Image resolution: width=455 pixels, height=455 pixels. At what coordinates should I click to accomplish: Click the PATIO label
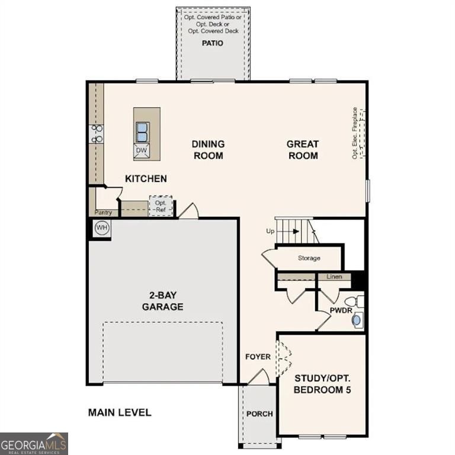click(213, 43)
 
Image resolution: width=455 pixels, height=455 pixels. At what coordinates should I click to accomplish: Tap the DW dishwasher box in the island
click(141, 151)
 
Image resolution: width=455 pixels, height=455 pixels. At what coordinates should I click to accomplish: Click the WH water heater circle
click(101, 228)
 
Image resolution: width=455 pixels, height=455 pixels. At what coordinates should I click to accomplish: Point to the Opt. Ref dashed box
click(160, 206)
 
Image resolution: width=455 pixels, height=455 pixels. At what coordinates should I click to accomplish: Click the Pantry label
click(103, 212)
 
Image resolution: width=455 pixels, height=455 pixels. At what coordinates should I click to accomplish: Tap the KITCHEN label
click(146, 178)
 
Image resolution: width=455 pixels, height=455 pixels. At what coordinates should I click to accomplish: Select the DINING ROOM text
click(208, 149)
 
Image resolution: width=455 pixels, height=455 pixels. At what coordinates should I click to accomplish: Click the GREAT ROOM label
click(302, 149)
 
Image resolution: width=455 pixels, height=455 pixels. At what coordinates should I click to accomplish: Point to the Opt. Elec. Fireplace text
click(355, 133)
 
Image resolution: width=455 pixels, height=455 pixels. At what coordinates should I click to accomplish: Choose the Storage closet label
click(309, 258)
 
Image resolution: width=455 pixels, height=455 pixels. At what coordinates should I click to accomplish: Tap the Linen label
click(334, 277)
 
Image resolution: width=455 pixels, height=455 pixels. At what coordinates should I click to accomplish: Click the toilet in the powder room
click(354, 301)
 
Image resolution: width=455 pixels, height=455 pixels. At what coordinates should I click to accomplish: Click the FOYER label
click(258, 357)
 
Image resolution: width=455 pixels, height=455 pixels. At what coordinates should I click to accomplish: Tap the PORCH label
click(259, 414)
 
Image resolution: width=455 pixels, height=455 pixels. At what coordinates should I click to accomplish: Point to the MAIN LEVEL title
click(120, 412)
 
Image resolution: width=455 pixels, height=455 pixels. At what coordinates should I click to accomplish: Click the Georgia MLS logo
click(34, 443)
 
